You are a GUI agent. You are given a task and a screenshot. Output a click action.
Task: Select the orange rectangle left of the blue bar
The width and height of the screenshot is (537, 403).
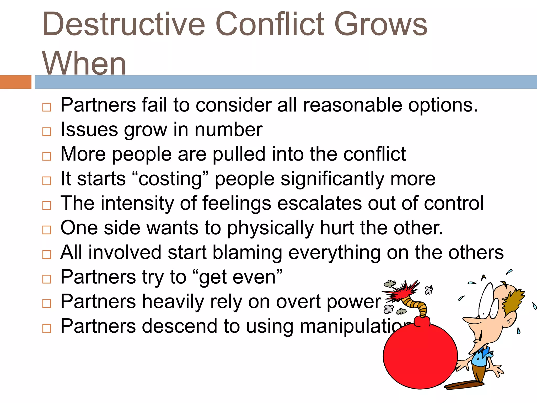[x=15, y=82]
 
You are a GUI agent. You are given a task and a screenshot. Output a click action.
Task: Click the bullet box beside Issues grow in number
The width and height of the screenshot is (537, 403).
[x=47, y=131]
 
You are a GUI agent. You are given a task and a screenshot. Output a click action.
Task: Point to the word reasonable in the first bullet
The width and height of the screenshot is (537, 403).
[x=352, y=105]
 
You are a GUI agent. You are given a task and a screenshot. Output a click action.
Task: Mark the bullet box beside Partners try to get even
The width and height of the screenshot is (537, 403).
[x=47, y=279]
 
